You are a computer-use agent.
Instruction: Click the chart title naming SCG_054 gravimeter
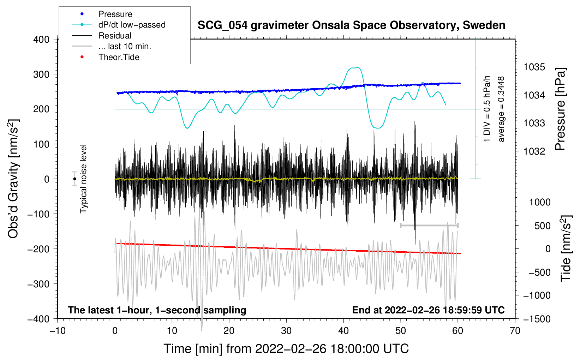coord(351,25)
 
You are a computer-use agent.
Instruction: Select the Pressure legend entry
coord(115,14)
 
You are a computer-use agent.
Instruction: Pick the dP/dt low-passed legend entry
coord(132,25)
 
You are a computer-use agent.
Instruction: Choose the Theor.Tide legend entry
coord(119,57)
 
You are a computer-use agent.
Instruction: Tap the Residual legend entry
coord(115,36)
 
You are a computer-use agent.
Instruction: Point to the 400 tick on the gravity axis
coord(41,40)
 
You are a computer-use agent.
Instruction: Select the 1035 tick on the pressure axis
coord(534,67)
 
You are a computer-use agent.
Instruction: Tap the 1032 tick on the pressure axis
coord(534,151)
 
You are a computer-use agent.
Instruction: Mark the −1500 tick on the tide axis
coord(537,319)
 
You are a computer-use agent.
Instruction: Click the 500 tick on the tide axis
coord(542,226)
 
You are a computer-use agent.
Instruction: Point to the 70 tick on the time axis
coord(515,331)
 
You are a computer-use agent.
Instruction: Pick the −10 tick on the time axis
coord(58,331)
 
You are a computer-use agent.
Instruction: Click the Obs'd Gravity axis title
coord(13,179)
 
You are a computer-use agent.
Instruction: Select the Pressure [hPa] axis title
coord(560,109)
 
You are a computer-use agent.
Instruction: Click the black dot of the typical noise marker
coord(74,179)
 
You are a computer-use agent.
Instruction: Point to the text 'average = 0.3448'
coord(501,109)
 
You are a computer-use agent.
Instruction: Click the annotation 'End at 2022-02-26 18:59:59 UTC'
coord(428,310)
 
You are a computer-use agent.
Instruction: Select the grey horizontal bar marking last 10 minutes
coord(429,226)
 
